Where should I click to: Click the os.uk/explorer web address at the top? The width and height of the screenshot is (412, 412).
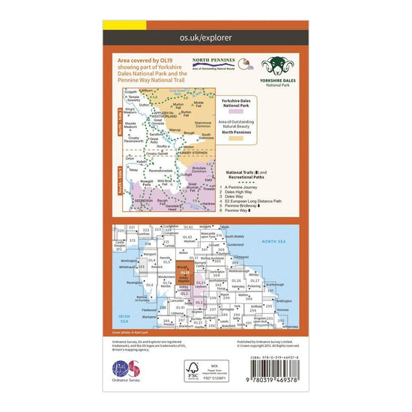(x=206, y=35)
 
